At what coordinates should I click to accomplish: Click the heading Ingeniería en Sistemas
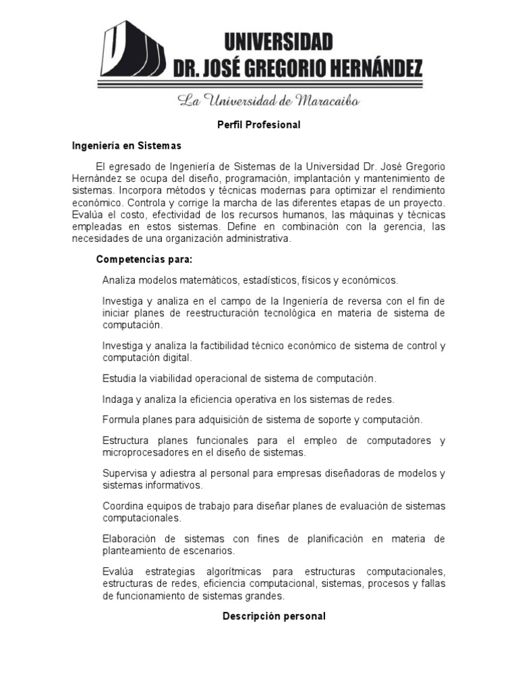point(127,145)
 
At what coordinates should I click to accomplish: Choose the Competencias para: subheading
point(144,259)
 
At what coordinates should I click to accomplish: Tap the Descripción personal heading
point(275,616)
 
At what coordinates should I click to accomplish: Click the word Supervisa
point(123,472)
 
